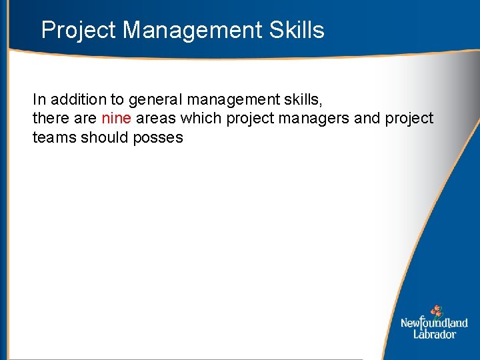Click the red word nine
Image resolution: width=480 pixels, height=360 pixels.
[117, 119]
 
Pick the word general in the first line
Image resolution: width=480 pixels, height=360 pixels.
[155, 100]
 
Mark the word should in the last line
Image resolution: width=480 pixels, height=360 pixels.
[102, 137]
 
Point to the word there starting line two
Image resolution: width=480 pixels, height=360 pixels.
[51, 119]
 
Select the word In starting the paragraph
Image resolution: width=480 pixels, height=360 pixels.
[39, 100]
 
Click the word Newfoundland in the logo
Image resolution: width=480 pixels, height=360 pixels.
[434, 323]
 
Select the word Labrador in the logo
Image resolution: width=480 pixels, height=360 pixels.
[434, 334]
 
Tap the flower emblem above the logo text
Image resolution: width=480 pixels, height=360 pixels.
[436, 311]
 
